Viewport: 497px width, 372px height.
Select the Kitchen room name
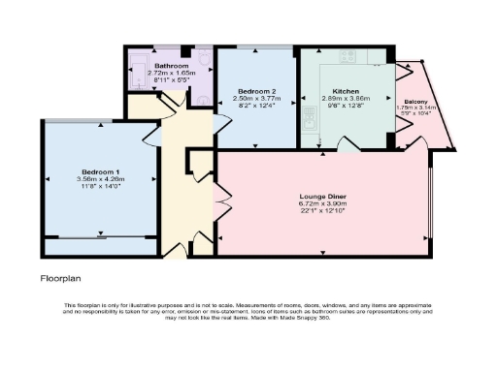347,90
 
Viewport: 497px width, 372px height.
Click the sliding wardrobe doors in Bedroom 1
101,235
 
